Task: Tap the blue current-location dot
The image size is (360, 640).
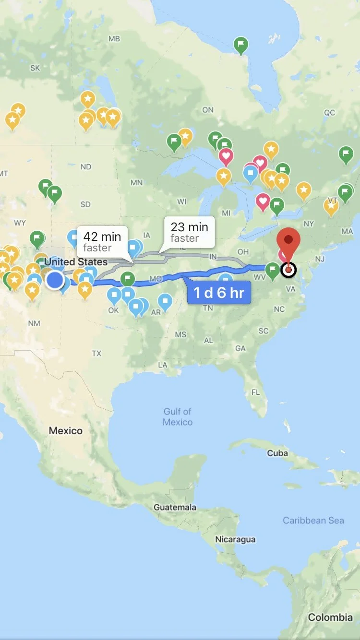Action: coord(55,280)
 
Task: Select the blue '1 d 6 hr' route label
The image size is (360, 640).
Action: coord(219,292)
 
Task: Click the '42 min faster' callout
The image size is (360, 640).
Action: coord(102,241)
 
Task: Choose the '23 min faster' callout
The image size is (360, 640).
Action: coord(189,232)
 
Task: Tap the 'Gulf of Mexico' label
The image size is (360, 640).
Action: coord(178,416)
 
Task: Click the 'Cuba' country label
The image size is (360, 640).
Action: coord(277,453)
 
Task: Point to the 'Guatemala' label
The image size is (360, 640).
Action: coord(175,507)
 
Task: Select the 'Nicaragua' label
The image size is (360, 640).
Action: coord(235,539)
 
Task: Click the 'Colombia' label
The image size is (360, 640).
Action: coord(330,617)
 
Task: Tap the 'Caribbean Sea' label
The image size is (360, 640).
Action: coord(313,520)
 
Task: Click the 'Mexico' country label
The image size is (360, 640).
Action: coord(65,431)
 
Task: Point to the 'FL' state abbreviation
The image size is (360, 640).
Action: coord(256,392)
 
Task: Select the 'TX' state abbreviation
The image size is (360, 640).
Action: coord(96,353)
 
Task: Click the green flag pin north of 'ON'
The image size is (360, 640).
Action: coord(241,45)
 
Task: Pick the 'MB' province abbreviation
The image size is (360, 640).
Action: coord(114,38)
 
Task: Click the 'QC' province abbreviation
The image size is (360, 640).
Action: coord(329,113)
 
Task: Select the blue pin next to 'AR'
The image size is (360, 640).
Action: coord(166,301)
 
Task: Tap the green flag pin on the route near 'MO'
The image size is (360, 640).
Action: coord(128,279)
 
